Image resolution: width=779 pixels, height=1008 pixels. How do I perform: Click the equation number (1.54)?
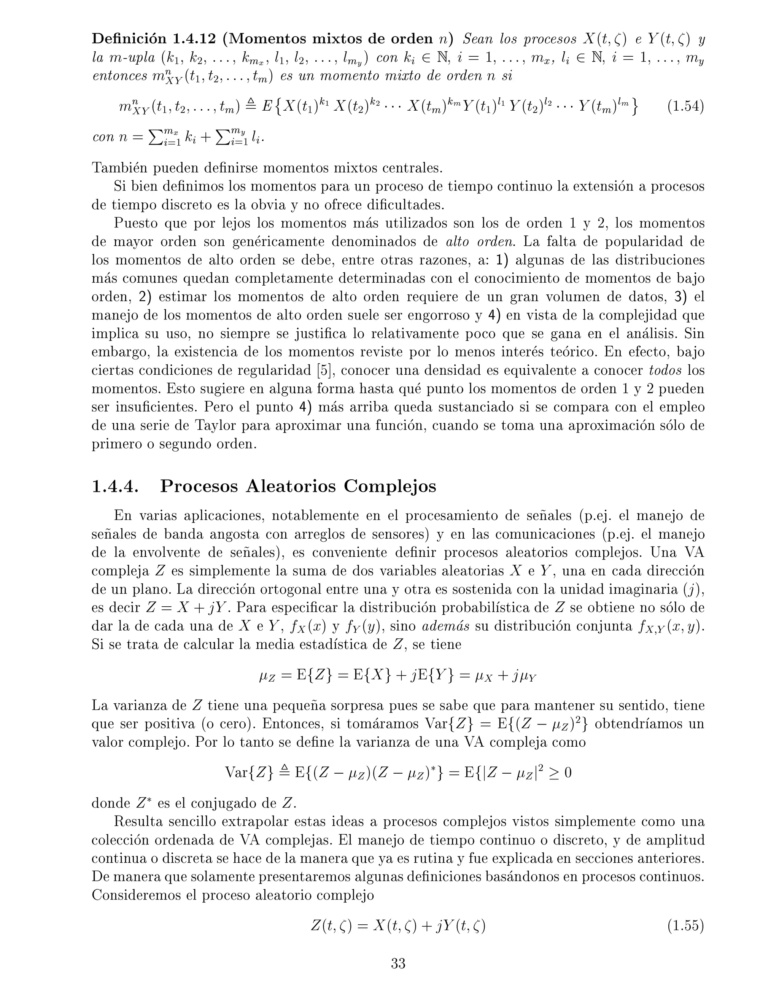685,107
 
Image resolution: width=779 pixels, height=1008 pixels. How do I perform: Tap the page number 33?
398,963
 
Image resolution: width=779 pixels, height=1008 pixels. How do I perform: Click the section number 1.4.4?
114,487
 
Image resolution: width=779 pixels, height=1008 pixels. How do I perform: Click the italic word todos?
665,370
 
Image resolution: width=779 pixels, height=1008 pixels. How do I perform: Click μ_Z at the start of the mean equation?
267,677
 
